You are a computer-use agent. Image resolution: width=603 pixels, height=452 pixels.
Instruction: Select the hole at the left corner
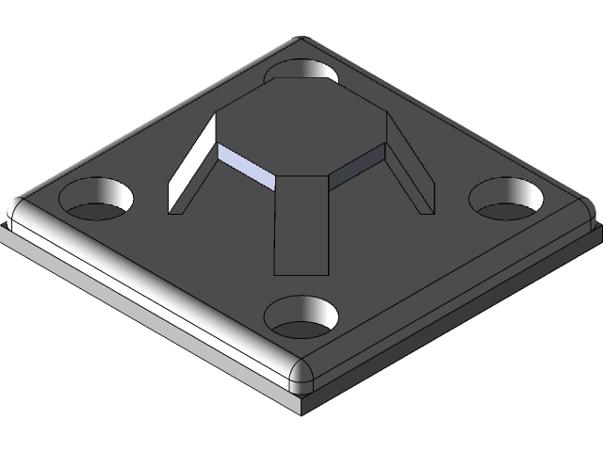96,199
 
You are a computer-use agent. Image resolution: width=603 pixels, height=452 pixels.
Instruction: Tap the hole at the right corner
509,198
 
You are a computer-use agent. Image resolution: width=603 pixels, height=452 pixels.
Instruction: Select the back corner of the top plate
301,40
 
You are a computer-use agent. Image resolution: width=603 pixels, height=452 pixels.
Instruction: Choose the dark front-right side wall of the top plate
452,301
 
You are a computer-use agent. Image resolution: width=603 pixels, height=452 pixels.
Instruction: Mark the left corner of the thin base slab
5,230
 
